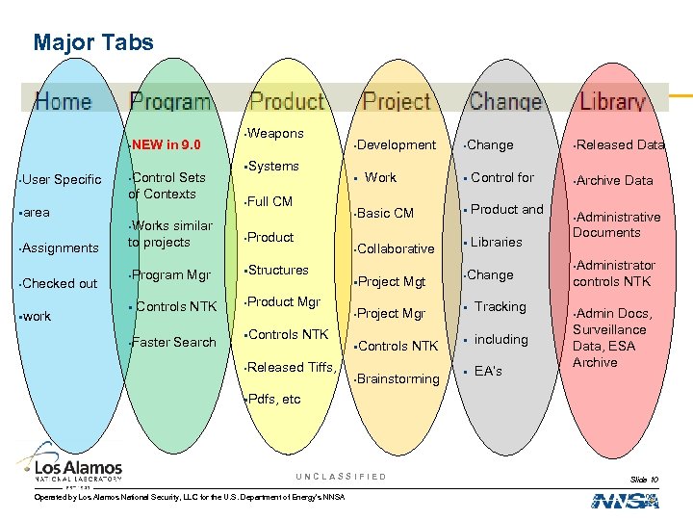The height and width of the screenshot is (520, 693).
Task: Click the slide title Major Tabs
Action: click(x=92, y=42)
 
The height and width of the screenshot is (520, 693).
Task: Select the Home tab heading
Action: click(x=64, y=102)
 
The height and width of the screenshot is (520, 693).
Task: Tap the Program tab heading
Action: click(x=169, y=102)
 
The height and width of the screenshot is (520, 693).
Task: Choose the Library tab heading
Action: click(x=612, y=102)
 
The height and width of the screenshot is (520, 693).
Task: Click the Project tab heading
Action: click(x=397, y=102)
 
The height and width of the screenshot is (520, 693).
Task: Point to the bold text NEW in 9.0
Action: click(x=166, y=145)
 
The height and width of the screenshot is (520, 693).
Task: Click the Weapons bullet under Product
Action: click(x=275, y=134)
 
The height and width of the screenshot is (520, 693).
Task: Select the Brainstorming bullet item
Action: click(x=398, y=379)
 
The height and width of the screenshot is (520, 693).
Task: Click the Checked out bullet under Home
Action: click(x=60, y=283)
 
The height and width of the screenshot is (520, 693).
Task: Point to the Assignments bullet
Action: click(x=60, y=248)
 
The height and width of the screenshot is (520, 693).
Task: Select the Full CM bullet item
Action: click(x=269, y=202)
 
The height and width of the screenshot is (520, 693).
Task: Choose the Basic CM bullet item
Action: click(x=385, y=213)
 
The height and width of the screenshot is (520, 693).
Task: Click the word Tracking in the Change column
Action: click(x=500, y=307)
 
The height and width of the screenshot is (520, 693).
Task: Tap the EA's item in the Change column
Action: click(x=488, y=371)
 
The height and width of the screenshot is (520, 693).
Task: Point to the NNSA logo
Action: click(x=625, y=500)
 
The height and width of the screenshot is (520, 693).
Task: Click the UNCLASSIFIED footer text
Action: click(x=341, y=477)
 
